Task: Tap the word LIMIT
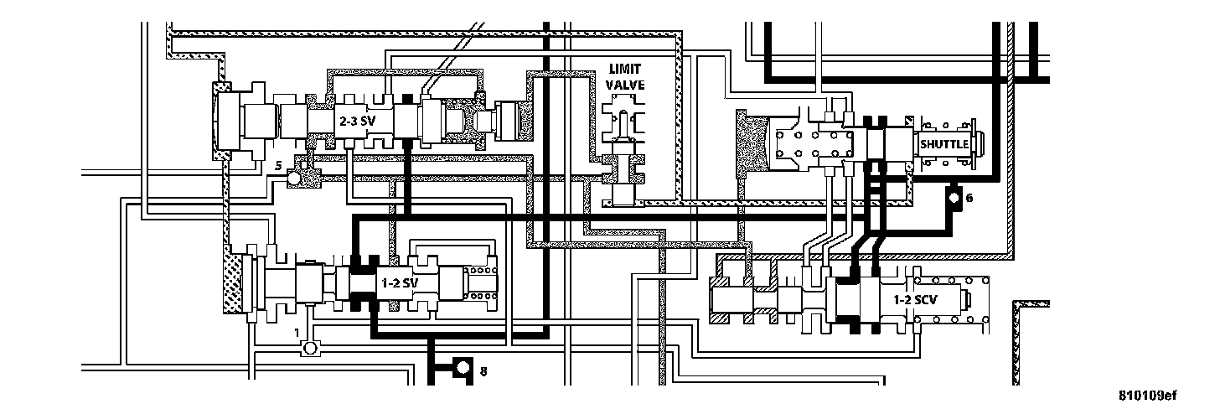pyautogui.click(x=626, y=67)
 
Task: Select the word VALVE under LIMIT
pyautogui.click(x=626, y=84)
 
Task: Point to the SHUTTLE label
pyautogui.click(x=944, y=144)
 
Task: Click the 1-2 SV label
pyautogui.click(x=399, y=282)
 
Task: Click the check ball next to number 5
pyautogui.click(x=294, y=179)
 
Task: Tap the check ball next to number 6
pyautogui.click(x=954, y=199)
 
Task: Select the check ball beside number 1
pyautogui.click(x=309, y=347)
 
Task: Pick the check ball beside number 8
pyautogui.click(x=462, y=369)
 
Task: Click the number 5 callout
pyautogui.click(x=279, y=166)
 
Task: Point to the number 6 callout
pyautogui.click(x=969, y=199)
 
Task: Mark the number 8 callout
pyautogui.click(x=482, y=370)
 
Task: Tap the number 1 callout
pyautogui.click(x=297, y=332)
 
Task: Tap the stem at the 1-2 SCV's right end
pyautogui.click(x=972, y=299)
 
